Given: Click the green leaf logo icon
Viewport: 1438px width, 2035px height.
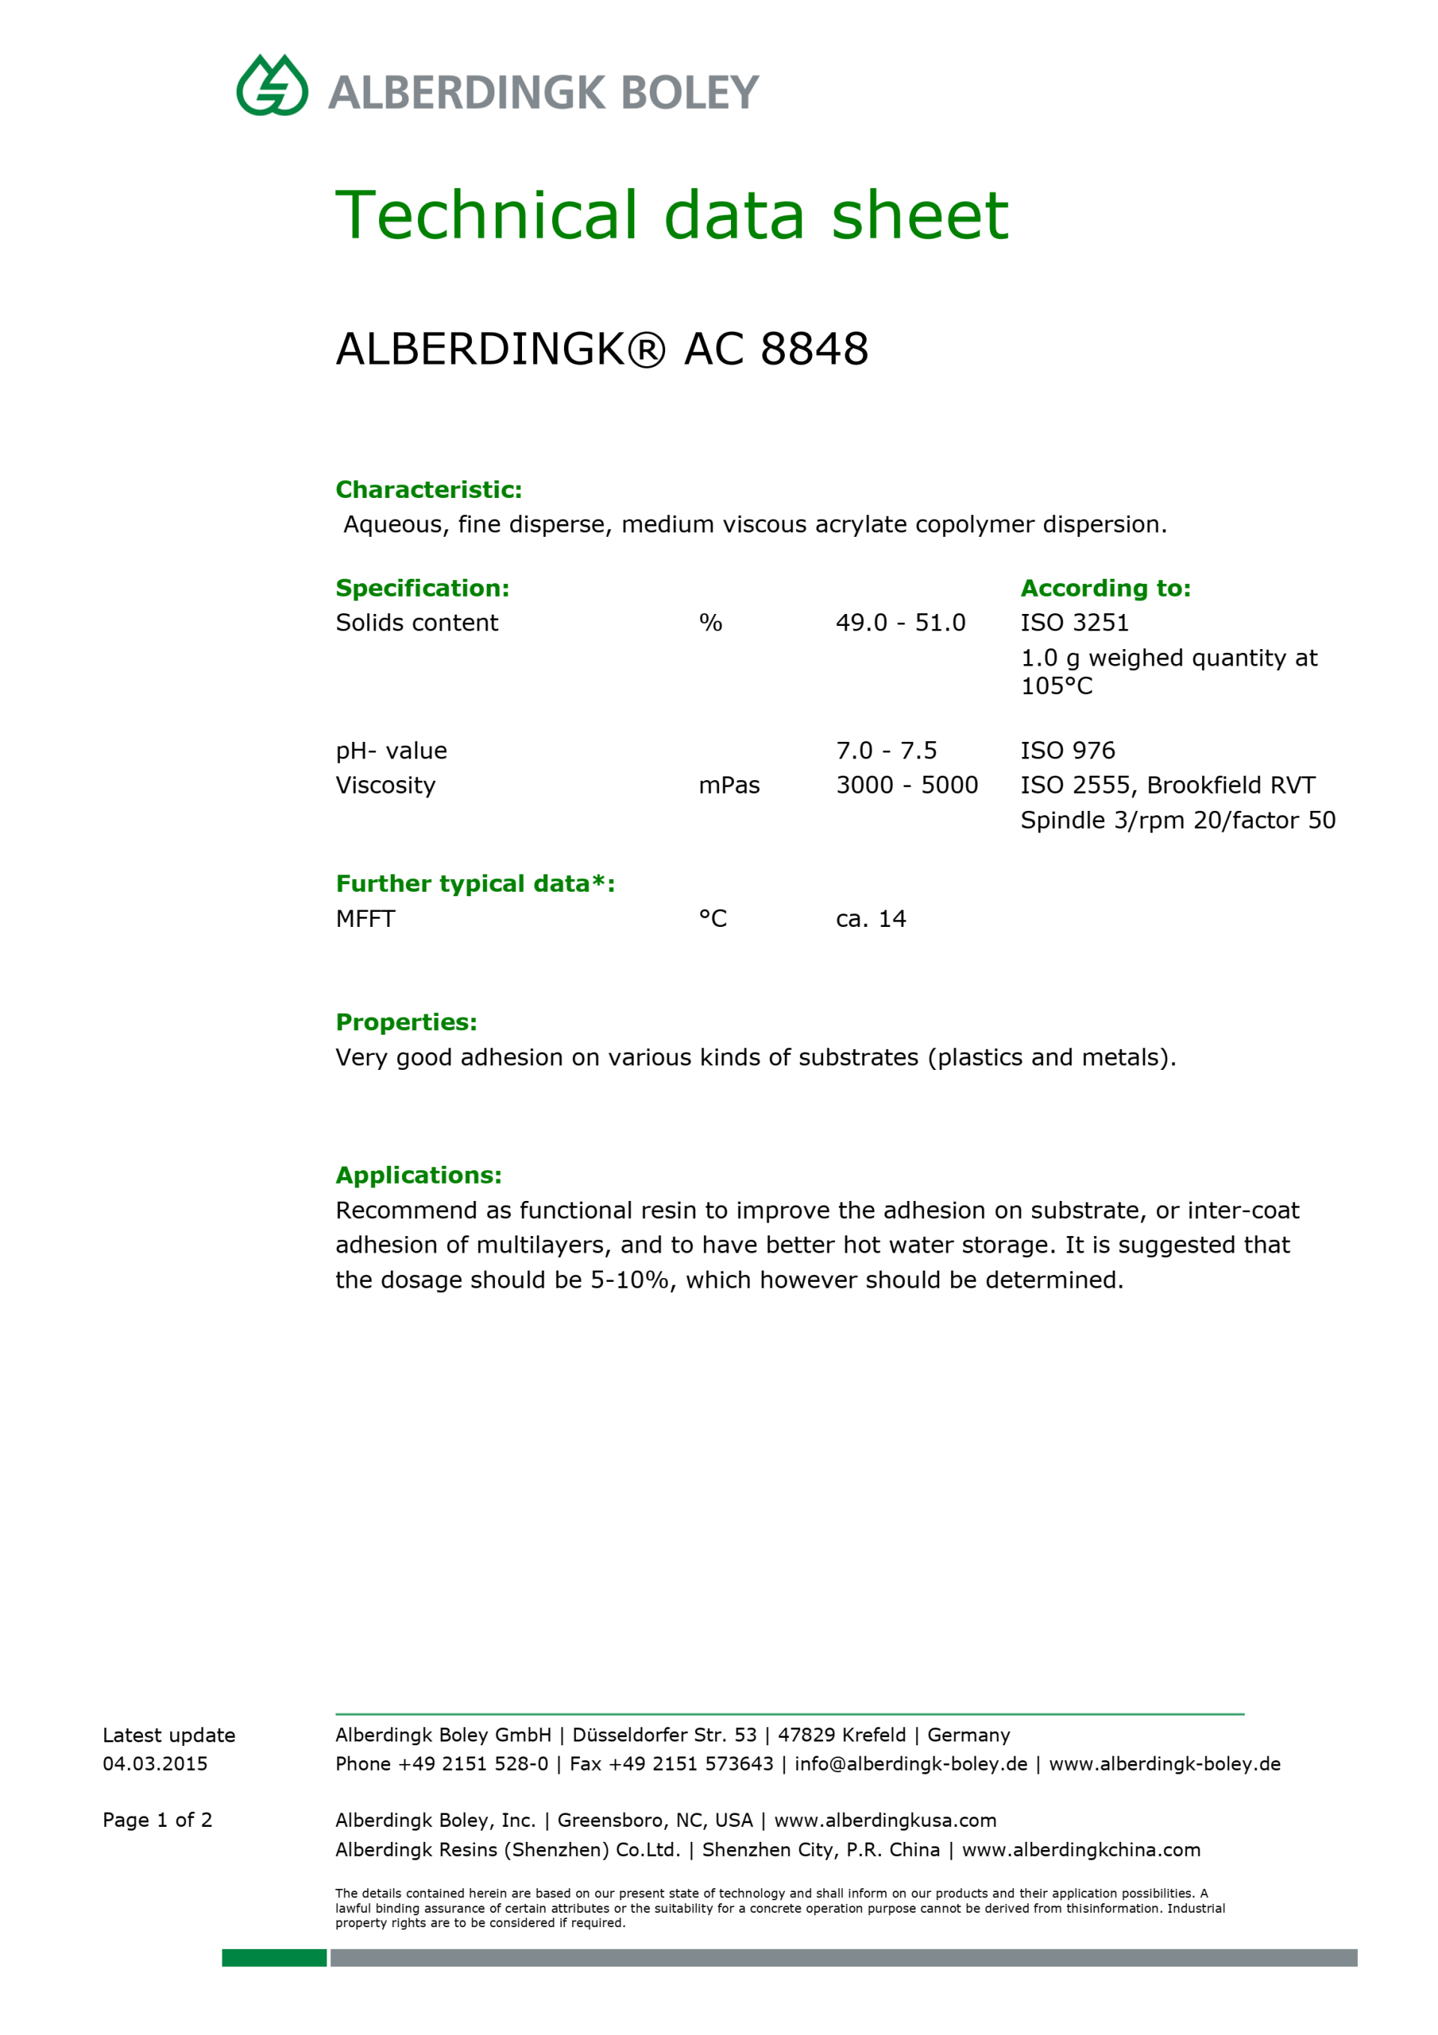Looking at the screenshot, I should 272,86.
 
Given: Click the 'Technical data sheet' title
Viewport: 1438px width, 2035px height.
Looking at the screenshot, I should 671,216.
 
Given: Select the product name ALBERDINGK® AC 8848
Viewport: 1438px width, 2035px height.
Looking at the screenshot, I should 601,348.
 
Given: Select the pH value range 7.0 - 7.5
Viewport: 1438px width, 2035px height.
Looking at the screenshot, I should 886,751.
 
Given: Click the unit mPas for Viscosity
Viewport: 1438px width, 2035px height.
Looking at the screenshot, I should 729,785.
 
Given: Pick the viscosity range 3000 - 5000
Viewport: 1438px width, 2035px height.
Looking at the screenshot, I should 906,785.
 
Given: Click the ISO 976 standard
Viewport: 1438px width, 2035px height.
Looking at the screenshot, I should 1067,751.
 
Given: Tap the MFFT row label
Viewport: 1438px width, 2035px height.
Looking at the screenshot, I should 365,919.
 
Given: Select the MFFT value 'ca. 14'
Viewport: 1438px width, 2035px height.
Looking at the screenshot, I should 870,919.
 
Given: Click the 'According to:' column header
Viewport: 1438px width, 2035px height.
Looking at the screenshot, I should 1105,588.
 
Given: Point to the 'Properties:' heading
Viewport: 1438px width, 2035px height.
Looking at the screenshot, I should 406,1022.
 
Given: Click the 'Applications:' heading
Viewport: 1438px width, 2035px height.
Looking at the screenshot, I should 419,1175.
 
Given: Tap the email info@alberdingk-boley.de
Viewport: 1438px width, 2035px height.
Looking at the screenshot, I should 911,1764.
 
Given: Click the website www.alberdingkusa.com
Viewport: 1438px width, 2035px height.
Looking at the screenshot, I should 885,1821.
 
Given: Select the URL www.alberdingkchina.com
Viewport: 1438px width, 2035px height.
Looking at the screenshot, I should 1081,1850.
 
